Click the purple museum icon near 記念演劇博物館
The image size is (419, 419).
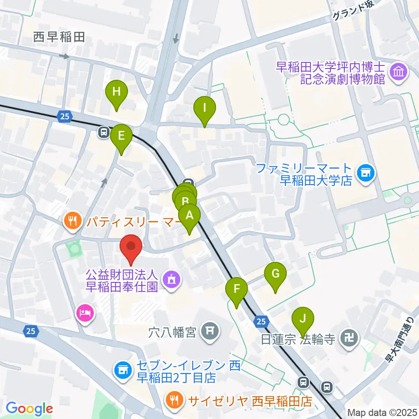(399, 71)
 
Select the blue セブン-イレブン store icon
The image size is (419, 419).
(123, 370)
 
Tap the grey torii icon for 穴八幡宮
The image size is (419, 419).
(210, 332)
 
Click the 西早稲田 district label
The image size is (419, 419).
(59, 38)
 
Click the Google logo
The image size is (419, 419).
(29, 409)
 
